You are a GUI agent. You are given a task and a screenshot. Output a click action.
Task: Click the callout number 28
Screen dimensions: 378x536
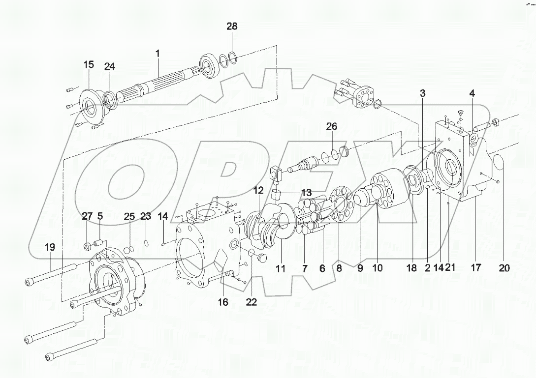(232, 27)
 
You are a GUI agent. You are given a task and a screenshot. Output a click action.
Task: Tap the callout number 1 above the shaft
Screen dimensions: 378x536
(158, 54)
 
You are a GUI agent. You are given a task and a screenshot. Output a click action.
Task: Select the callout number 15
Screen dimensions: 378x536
(88, 64)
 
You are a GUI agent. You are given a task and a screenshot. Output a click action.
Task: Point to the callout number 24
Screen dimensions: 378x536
(109, 67)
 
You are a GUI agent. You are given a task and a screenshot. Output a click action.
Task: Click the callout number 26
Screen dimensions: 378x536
(331, 126)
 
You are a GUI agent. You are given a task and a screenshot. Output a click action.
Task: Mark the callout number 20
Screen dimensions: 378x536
(504, 268)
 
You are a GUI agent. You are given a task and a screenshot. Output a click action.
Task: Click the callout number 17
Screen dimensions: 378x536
(476, 268)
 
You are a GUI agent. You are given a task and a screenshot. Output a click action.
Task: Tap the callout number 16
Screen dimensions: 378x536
(223, 302)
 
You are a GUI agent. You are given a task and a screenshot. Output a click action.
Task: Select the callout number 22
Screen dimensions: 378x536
(251, 302)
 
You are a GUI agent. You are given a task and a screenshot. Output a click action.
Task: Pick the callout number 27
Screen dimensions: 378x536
(87, 216)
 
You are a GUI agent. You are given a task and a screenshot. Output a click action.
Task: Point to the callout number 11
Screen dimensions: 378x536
(281, 268)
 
